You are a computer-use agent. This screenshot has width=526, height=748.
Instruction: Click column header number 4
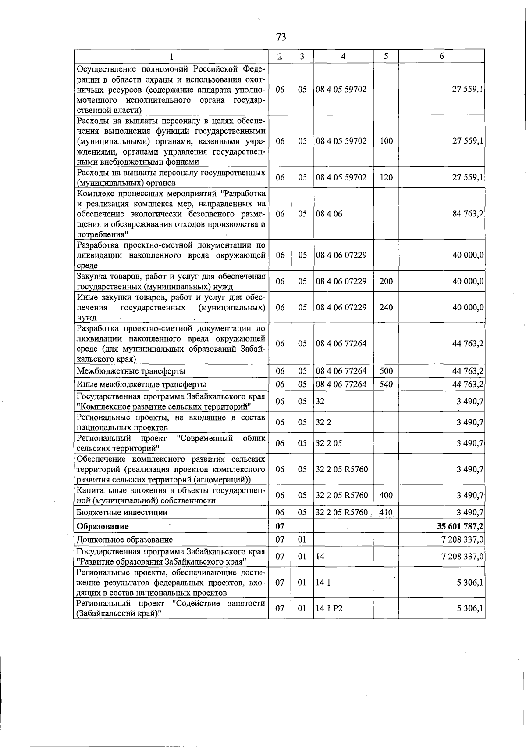[x=343, y=56]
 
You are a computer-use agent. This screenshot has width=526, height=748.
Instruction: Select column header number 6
[x=441, y=56]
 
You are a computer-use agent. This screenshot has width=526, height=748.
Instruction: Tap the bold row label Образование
[x=103, y=526]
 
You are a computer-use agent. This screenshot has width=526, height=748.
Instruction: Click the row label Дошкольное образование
[x=124, y=539]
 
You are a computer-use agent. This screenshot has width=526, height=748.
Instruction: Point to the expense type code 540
[x=386, y=385]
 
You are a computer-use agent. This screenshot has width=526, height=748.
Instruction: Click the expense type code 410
[x=386, y=512]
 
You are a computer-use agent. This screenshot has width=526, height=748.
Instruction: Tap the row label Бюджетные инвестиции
[x=122, y=512]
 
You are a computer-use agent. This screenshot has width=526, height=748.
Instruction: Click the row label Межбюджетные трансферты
[x=131, y=371]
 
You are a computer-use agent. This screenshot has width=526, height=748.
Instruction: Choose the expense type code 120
[x=386, y=177]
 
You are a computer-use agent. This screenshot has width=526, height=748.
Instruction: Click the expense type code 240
[x=386, y=307]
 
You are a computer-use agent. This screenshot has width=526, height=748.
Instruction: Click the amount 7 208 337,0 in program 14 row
[x=462, y=557]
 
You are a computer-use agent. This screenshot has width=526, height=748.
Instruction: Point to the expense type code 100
[x=386, y=141]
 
